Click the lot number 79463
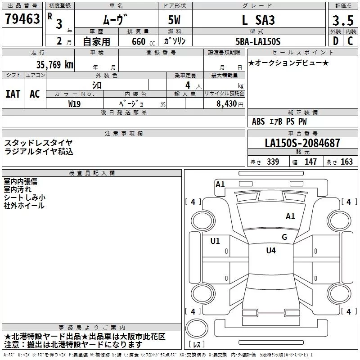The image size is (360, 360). [22, 18]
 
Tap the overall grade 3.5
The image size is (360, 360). [343, 20]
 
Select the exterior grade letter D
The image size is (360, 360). [336, 41]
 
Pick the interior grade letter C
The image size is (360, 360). [350, 41]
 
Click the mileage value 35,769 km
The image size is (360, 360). [54, 65]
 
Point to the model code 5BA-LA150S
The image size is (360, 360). [258, 41]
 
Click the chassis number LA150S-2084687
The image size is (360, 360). [302, 143]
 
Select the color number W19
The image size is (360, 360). [74, 104]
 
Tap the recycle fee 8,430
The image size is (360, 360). [226, 103]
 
